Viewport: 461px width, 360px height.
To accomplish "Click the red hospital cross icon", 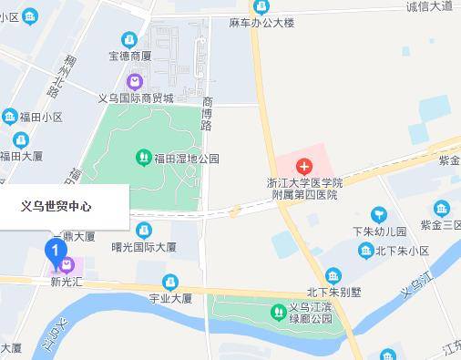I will click(304, 167).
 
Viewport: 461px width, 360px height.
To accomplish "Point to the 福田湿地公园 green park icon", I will click(143, 158).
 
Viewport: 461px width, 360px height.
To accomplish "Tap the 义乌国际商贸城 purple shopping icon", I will click(134, 82).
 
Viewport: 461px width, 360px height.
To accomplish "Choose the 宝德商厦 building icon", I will click(129, 40).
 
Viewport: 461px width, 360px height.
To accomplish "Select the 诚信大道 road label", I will click(430, 7).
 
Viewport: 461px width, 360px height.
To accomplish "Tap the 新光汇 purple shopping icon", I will click(67, 266).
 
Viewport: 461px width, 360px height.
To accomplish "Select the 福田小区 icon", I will click(9, 117).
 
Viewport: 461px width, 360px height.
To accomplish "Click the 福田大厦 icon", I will click(20, 140).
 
